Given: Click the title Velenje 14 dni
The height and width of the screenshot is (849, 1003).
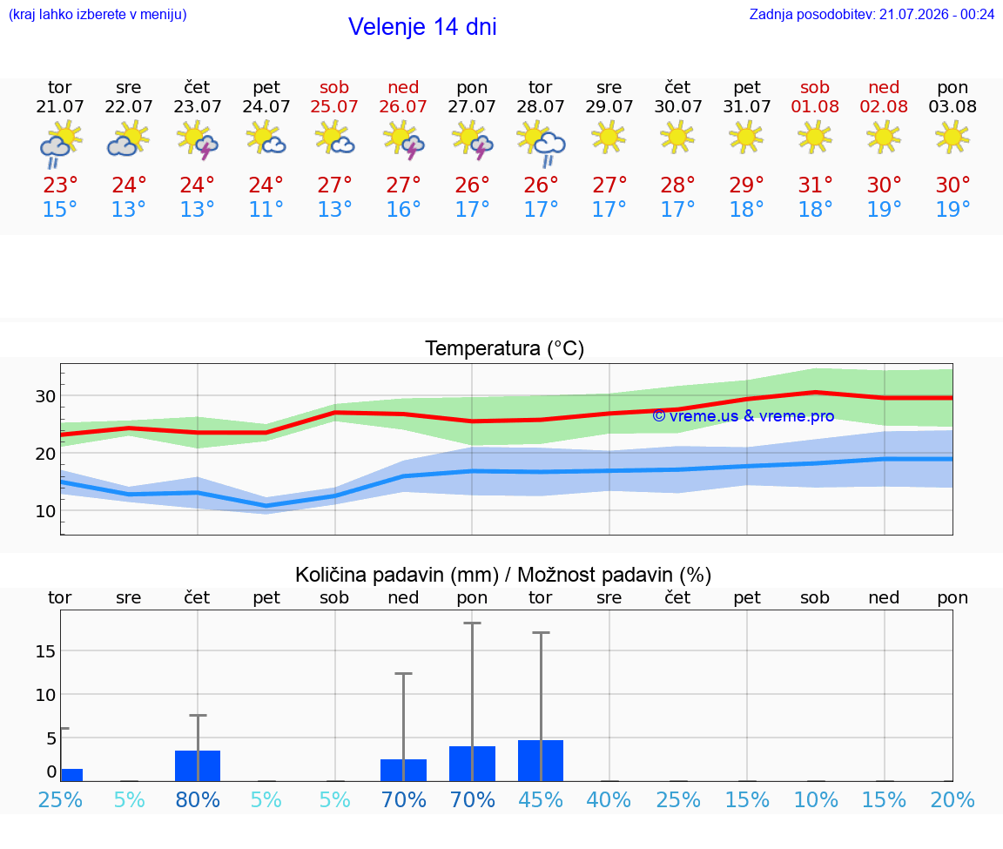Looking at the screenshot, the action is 422,27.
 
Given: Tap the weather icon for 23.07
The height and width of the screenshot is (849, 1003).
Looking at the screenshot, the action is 197,141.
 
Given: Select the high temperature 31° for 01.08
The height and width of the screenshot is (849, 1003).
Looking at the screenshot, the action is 815,185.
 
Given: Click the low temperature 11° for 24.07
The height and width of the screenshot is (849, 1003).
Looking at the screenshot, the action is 266,209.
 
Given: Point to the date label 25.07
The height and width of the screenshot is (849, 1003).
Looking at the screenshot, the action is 334,106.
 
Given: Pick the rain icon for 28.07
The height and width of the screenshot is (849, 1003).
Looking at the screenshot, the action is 541,144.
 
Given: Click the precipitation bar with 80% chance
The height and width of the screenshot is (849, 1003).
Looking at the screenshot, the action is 198,765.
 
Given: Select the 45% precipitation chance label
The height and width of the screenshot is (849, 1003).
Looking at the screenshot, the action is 541,799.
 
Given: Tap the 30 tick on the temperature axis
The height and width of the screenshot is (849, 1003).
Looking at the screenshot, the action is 45,396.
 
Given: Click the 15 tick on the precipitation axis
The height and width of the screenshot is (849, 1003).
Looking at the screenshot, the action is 45,651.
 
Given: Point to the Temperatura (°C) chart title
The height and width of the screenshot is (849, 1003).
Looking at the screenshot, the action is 505,348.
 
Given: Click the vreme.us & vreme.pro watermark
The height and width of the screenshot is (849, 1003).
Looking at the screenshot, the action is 744,416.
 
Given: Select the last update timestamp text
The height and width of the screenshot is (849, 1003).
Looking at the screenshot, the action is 872,14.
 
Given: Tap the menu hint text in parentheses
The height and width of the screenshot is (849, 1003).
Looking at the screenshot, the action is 98,14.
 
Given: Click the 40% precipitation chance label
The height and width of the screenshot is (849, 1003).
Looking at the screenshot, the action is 609,799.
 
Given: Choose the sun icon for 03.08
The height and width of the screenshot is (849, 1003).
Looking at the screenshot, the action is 953,138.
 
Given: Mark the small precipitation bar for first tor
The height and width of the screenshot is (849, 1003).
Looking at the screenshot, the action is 71,775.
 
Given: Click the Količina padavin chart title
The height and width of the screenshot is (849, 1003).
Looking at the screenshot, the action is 503,575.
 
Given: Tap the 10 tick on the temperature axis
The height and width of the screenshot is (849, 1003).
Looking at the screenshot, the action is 45,511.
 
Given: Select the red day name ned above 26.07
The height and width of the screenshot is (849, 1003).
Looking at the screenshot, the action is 403,87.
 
